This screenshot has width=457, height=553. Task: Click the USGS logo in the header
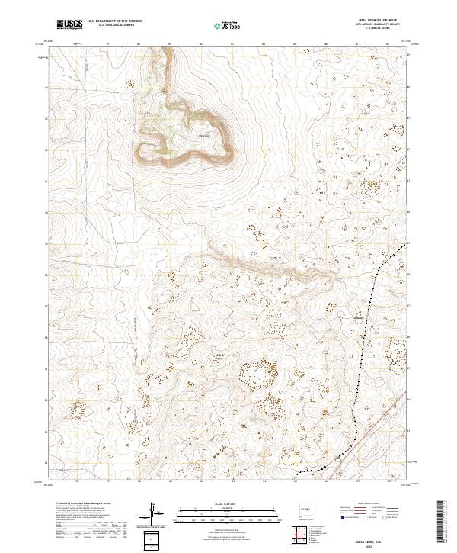tap(69, 24)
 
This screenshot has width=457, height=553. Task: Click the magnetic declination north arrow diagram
tap(154, 513)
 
